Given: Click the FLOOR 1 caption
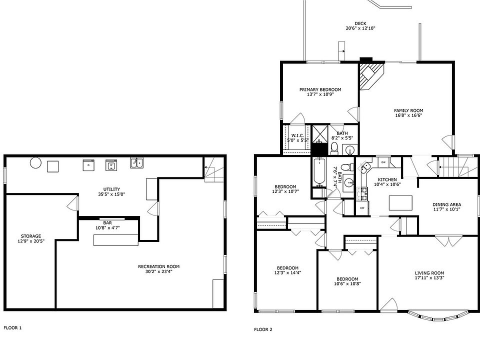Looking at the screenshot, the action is [12, 328].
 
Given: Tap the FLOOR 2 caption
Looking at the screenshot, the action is [263, 329].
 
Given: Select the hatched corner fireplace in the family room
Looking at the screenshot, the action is [370, 76].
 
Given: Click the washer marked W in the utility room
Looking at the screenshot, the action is [111, 165].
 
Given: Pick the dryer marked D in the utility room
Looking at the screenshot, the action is [88, 165].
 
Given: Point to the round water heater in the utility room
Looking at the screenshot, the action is [35, 162].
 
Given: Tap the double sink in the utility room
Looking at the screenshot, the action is [137, 163].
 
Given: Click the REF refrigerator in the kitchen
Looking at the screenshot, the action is [362, 208].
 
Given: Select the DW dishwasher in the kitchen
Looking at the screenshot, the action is [383, 162].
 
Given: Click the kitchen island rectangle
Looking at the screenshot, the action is [400, 203].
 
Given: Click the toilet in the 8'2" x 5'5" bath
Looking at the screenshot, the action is [334, 148].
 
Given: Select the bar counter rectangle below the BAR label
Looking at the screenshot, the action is [115, 240].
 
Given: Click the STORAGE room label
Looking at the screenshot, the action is [31, 236].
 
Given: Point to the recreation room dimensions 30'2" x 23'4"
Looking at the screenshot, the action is [159, 271].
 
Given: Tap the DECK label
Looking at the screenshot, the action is [360, 23].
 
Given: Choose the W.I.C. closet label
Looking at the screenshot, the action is [297, 135].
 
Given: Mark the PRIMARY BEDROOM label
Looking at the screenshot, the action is [320, 89].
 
